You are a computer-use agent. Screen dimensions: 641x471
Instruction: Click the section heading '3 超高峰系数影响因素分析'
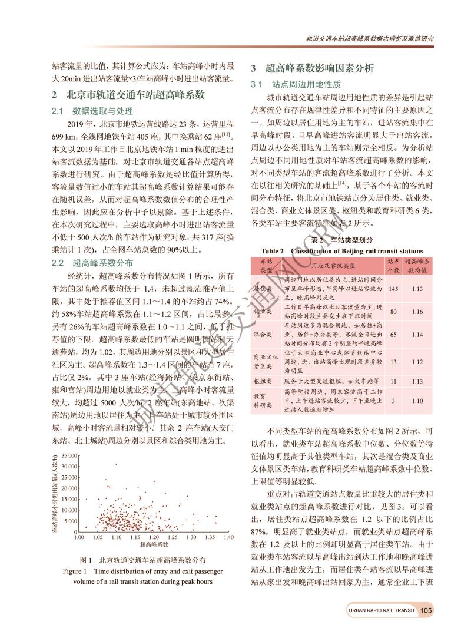pos(312,68)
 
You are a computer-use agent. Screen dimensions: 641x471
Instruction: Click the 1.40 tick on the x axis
pos(228,537)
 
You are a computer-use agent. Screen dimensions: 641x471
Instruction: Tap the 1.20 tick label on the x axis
pos(154,537)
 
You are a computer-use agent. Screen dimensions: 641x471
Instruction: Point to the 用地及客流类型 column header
pos(330,265)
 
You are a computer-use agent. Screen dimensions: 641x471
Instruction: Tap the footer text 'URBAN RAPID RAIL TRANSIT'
pos(380,610)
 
